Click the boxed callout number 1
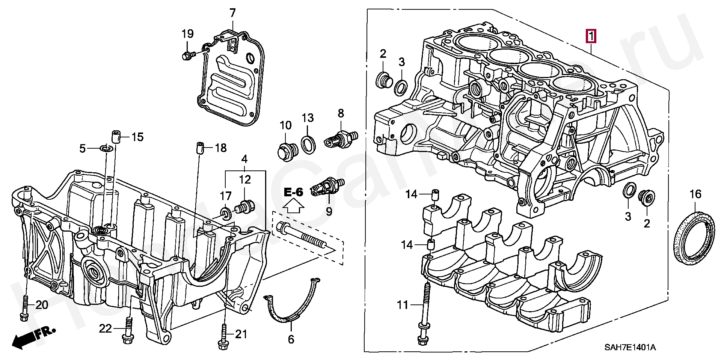(591, 37)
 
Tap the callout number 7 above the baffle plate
(232, 14)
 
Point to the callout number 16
(695, 194)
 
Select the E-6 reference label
(293, 193)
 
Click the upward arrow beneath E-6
(293, 206)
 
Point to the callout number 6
(291, 340)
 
